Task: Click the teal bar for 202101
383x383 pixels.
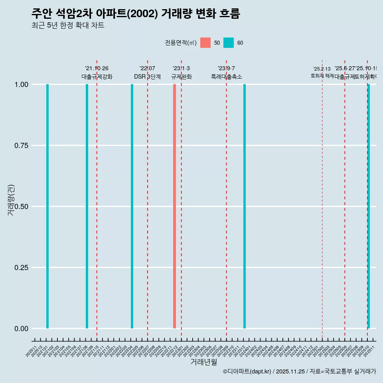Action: point(47,206)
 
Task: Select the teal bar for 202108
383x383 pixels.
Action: point(87,206)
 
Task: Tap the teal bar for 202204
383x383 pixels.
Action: point(132,206)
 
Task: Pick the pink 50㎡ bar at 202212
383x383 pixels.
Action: point(174,206)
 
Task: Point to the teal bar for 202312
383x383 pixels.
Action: point(245,206)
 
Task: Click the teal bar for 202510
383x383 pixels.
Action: point(369,206)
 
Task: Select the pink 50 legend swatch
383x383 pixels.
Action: point(205,43)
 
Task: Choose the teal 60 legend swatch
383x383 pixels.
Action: point(229,43)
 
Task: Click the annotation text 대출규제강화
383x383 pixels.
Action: point(97,77)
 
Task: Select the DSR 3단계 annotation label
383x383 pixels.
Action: point(147,77)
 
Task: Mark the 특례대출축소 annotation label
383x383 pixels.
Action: point(226,77)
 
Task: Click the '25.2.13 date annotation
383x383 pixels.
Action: point(322,69)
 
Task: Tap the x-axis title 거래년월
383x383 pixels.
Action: point(203,362)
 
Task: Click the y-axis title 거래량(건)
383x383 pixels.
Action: point(11,200)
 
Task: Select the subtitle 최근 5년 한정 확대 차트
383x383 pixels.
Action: point(68,26)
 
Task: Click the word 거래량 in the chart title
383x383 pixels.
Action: point(178,14)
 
